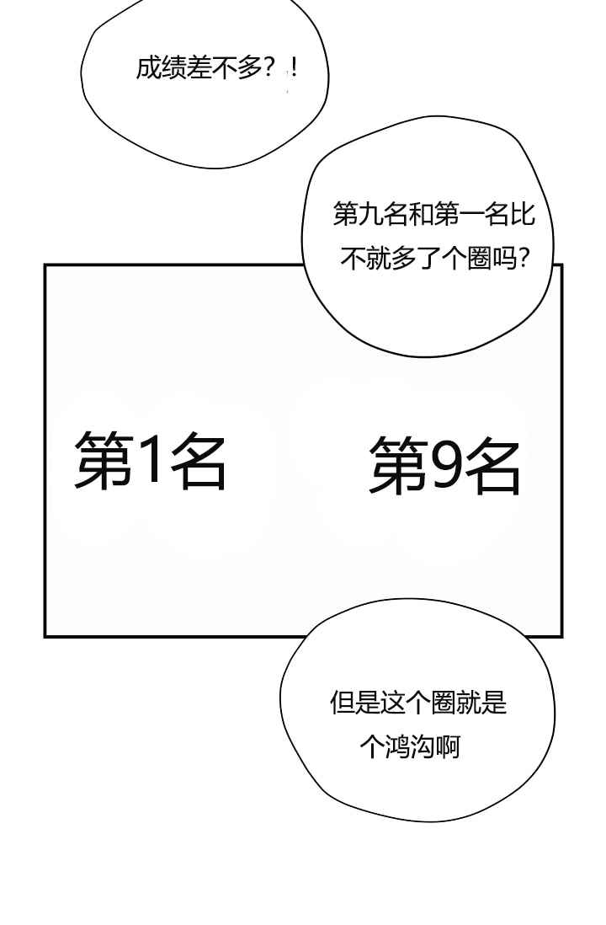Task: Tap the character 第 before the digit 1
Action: point(104,458)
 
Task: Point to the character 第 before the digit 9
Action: point(399,466)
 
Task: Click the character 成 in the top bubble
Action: point(148,68)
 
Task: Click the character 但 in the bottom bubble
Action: point(343,703)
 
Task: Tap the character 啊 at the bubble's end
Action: point(448,747)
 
